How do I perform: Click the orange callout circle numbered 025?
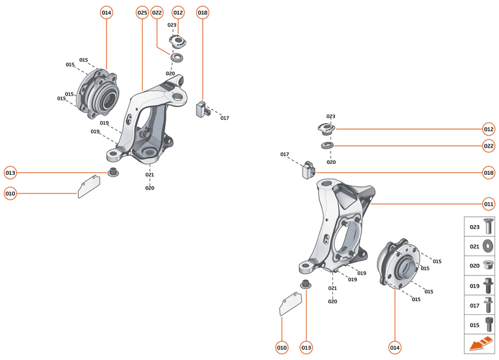pyautogui.click(x=142, y=13)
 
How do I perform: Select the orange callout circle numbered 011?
pyautogui.click(x=489, y=204)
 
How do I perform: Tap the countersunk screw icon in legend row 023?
pyautogui.click(x=487, y=227)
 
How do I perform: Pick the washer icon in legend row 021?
pyautogui.click(x=487, y=246)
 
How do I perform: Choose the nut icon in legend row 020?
pyautogui.click(x=487, y=265)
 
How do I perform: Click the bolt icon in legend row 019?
pyautogui.click(x=487, y=285)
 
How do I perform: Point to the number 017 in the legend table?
pyautogui.click(x=474, y=305)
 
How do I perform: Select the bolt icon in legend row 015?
pyautogui.click(x=487, y=324)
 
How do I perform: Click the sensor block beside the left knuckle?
pyautogui.click(x=203, y=108)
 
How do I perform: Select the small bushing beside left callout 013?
pyautogui.click(x=112, y=173)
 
